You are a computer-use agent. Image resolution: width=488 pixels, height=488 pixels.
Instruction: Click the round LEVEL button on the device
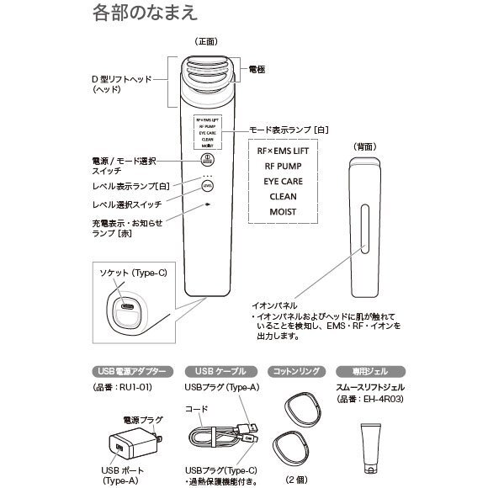coord(207,186)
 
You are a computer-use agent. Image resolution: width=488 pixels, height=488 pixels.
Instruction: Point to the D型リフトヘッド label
coord(121,83)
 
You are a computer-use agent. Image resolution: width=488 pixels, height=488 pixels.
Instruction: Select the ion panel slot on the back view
coord(363,231)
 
